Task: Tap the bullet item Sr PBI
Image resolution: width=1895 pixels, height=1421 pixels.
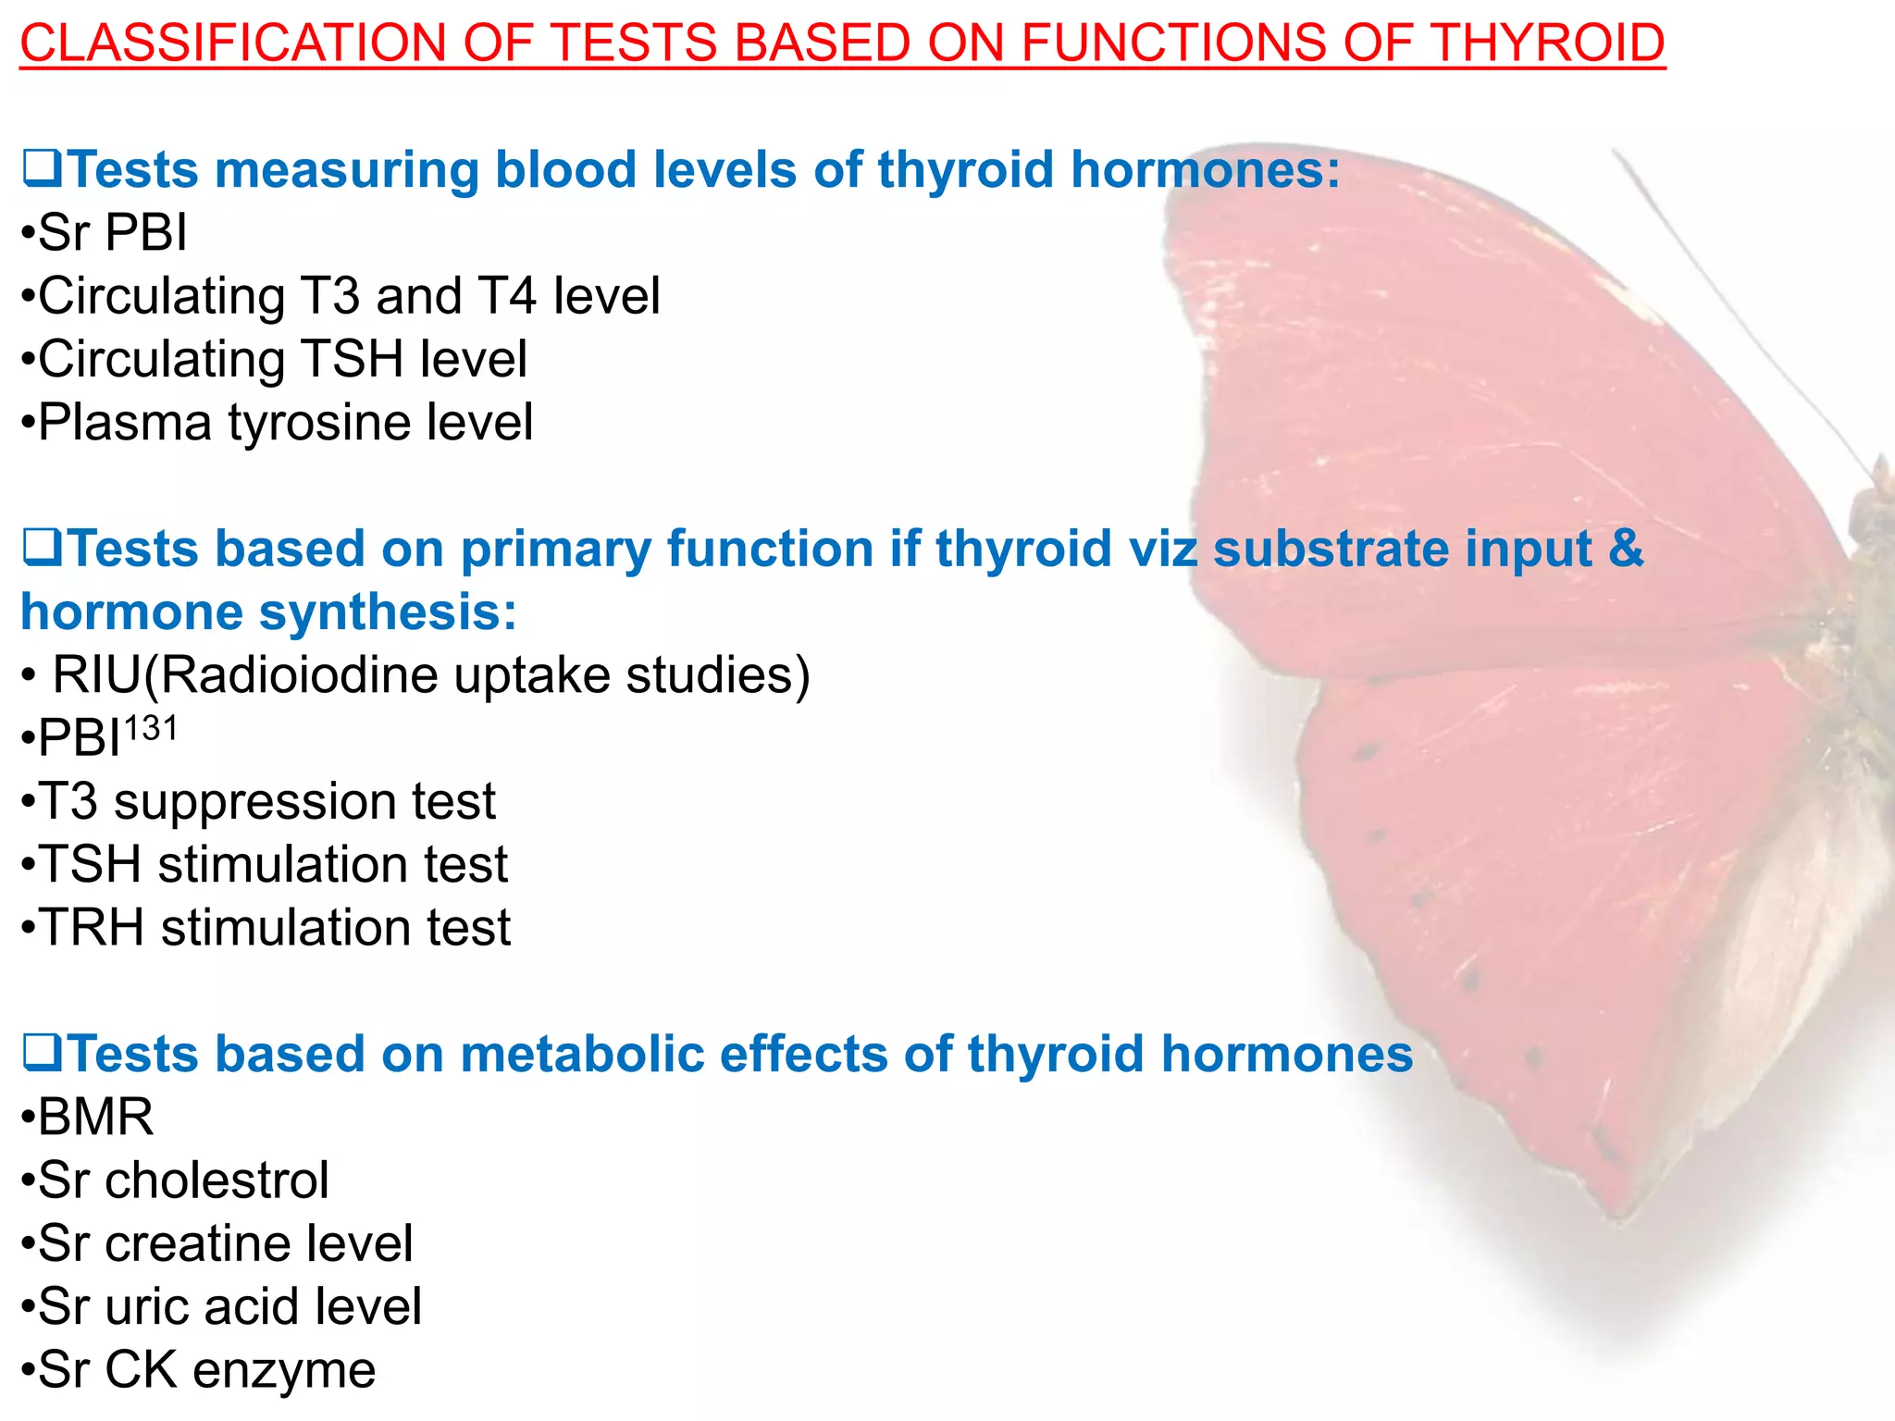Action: [x=111, y=232]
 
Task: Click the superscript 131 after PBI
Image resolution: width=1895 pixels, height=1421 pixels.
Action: [x=150, y=729]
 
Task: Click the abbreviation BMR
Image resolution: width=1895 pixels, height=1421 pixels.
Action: [x=95, y=1117]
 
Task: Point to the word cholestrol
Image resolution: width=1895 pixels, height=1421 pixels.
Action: [x=217, y=1180]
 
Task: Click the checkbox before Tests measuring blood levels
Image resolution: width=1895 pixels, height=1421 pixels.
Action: [x=41, y=169]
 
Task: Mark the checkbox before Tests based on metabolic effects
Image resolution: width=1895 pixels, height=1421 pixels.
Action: [x=41, y=1054]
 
